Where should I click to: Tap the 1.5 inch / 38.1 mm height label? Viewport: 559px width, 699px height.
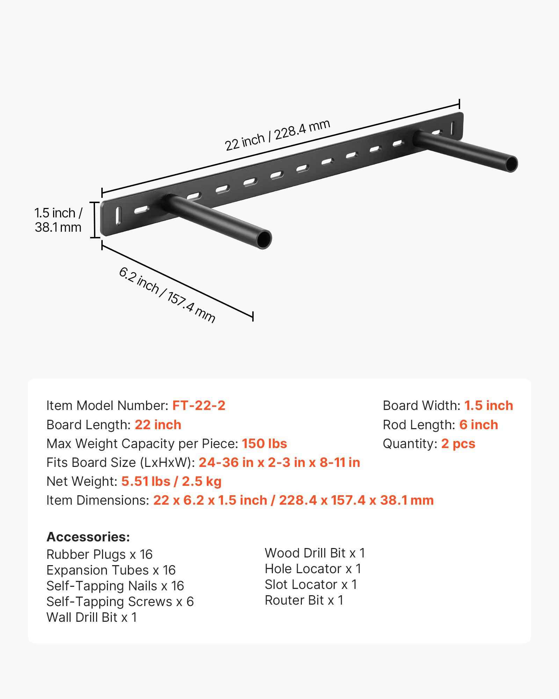coord(58,220)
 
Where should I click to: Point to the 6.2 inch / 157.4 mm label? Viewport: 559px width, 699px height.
coord(167,295)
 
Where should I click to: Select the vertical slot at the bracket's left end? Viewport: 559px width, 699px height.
coord(118,216)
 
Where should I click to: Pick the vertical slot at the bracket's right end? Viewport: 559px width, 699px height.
coord(453,128)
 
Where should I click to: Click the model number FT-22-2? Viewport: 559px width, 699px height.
coord(199,405)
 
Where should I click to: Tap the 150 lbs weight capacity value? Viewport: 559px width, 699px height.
coord(264,444)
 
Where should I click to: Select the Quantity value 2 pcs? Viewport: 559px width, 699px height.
coord(458,444)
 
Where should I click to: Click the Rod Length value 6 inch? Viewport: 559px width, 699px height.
coord(479,425)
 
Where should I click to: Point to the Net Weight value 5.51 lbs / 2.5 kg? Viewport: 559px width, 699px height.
coord(171,481)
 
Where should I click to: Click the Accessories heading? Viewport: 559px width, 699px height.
coord(88,537)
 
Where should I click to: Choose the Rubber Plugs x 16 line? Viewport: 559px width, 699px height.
coord(100,554)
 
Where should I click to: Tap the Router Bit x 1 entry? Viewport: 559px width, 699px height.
coord(304,600)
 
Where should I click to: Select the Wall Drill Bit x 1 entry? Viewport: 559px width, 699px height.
coord(92,617)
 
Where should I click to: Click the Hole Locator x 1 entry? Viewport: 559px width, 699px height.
coord(313,569)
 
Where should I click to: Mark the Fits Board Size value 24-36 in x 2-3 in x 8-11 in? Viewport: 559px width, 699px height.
coord(279,462)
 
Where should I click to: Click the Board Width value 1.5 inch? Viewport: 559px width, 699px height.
coord(488,405)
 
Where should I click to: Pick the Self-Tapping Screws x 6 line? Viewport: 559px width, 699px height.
coord(120,601)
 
